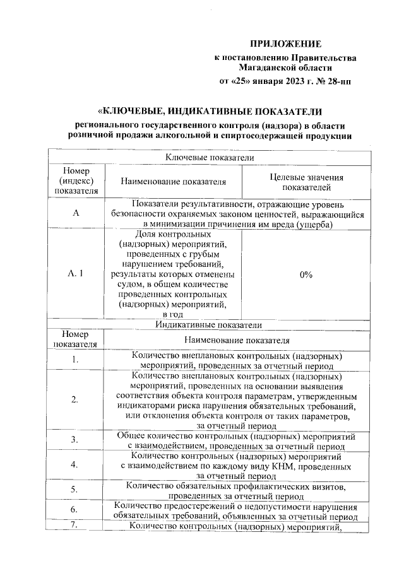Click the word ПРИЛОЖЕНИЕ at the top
(286, 44)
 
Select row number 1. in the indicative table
(75, 360)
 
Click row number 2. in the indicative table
(75, 399)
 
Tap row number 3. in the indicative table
(75, 439)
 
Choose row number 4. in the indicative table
(75, 464)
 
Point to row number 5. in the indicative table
(75, 490)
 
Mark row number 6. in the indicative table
(75, 509)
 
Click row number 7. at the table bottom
(75, 526)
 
